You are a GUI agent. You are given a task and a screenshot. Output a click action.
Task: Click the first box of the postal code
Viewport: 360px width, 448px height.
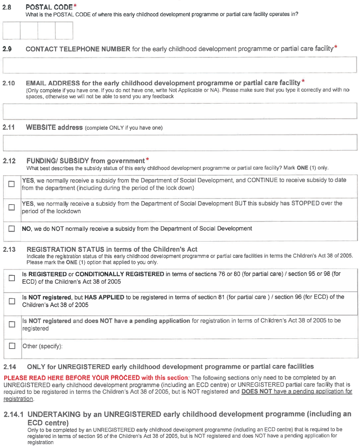click(11, 31)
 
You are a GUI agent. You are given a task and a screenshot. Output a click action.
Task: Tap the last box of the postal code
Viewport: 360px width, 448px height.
click(64, 31)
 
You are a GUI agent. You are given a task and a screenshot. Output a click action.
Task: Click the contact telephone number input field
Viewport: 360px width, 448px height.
click(180, 65)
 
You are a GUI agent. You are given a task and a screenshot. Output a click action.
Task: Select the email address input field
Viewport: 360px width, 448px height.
click(180, 111)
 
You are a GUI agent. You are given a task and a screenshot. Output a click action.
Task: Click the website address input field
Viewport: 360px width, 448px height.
click(180, 142)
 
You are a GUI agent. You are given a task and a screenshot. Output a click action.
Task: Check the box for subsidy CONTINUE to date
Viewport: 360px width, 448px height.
click(11, 184)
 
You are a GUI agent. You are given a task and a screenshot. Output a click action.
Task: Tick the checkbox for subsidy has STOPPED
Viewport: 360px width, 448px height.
click(11, 207)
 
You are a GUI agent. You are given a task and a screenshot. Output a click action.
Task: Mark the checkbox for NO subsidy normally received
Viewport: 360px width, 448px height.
click(11, 229)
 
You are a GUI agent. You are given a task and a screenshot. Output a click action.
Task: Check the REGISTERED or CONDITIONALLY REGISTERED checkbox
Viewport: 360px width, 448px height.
click(11, 278)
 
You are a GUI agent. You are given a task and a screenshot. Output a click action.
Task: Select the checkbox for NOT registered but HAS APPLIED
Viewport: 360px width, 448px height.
click(11, 301)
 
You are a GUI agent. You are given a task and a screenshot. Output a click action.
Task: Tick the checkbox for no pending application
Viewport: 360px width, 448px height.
click(11, 324)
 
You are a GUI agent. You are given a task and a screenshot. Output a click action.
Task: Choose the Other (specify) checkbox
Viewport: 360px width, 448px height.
click(11, 346)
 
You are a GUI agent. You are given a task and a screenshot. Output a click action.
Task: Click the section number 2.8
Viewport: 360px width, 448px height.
click(7, 7)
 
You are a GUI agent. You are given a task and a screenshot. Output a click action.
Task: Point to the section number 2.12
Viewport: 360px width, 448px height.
click(9, 161)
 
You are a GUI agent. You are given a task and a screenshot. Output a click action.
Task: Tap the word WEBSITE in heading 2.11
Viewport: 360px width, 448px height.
click(40, 127)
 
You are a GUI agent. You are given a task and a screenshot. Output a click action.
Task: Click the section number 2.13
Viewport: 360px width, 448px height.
click(9, 250)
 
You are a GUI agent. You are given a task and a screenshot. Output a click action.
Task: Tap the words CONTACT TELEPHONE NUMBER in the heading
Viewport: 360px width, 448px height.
click(78, 49)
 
